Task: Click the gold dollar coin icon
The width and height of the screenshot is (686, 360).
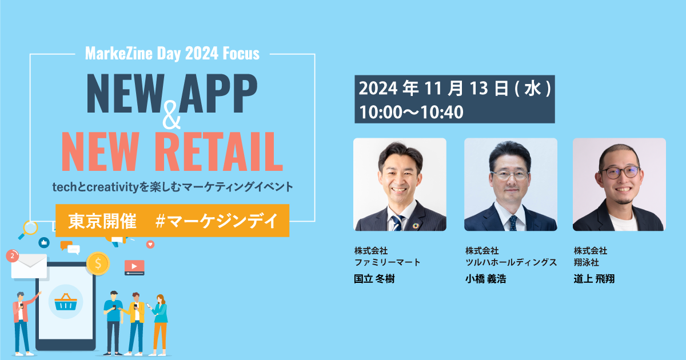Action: pyautogui.click(x=98, y=263)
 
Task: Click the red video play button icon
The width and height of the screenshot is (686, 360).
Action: pyautogui.click(x=134, y=267)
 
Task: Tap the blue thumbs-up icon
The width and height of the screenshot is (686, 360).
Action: pyautogui.click(x=44, y=242)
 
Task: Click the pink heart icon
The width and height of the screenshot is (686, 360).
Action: pyautogui.click(x=150, y=244)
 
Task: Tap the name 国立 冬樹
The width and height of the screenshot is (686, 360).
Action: pyautogui.click(x=374, y=279)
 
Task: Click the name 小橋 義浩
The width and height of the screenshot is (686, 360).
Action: pyautogui.click(x=485, y=279)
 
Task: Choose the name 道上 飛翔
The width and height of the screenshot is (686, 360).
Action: pyautogui.click(x=595, y=279)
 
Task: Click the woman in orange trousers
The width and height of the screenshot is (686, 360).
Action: pyautogui.click(x=159, y=323)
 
